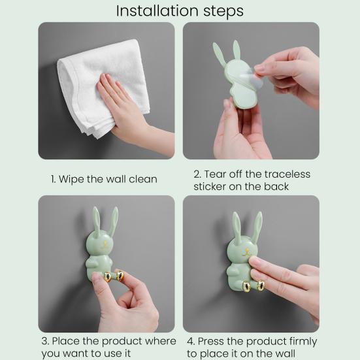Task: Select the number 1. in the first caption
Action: click(x=54, y=179)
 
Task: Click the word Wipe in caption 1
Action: click(x=73, y=179)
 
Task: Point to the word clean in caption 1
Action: click(x=142, y=179)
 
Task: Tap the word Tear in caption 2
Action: click(x=216, y=174)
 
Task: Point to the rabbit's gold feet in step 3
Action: click(x=112, y=277)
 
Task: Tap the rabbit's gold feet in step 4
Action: click(x=254, y=286)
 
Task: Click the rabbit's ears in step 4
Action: click(x=246, y=225)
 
